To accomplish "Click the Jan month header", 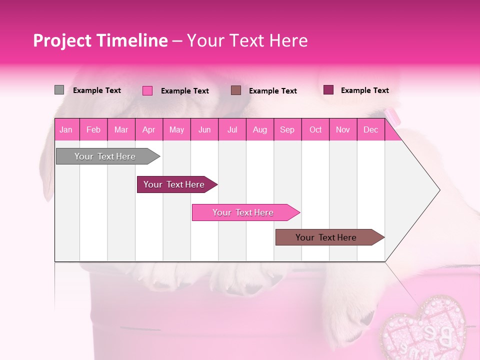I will (x=66, y=130).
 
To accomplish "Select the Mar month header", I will (x=121, y=130).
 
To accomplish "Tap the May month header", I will (x=176, y=130).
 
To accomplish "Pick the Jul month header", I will (x=232, y=130).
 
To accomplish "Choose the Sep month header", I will (x=287, y=130).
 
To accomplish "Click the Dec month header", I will (x=370, y=130).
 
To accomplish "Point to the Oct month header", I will (x=315, y=130).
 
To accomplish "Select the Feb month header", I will (x=93, y=130).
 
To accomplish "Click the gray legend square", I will (x=59, y=90).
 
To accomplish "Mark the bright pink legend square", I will (x=147, y=90).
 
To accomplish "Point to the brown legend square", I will (x=236, y=90).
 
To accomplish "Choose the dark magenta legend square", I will (x=328, y=90).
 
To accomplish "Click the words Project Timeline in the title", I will (x=100, y=40).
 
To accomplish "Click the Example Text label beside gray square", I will (x=97, y=90).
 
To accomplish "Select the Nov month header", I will (x=343, y=130).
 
